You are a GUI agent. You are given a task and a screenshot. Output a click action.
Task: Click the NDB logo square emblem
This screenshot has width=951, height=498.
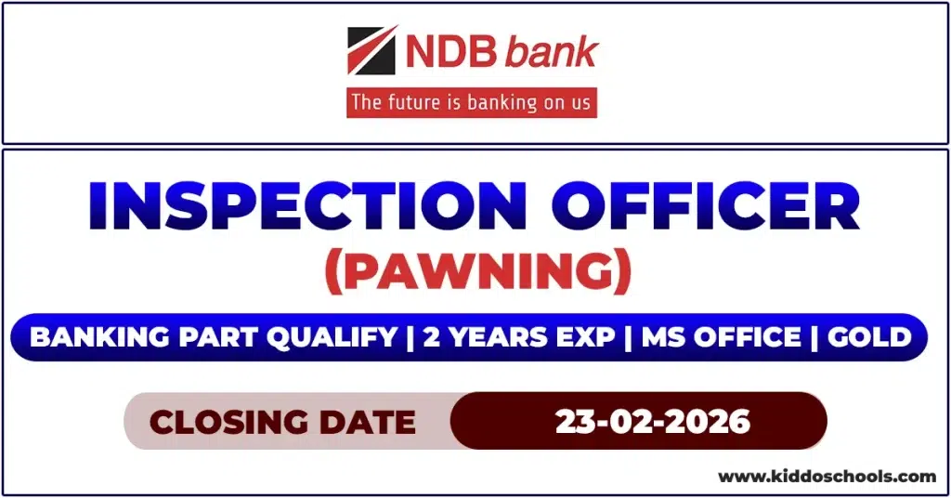(x=371, y=51)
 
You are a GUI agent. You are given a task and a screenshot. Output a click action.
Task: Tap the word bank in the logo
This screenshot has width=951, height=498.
(x=552, y=52)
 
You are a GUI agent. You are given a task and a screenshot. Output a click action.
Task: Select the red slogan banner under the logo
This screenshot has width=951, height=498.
(x=472, y=102)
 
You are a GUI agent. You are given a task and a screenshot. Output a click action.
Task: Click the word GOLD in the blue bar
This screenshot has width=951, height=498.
(x=869, y=336)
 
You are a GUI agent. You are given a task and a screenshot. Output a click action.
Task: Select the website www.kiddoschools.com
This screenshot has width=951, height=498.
(x=827, y=477)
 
